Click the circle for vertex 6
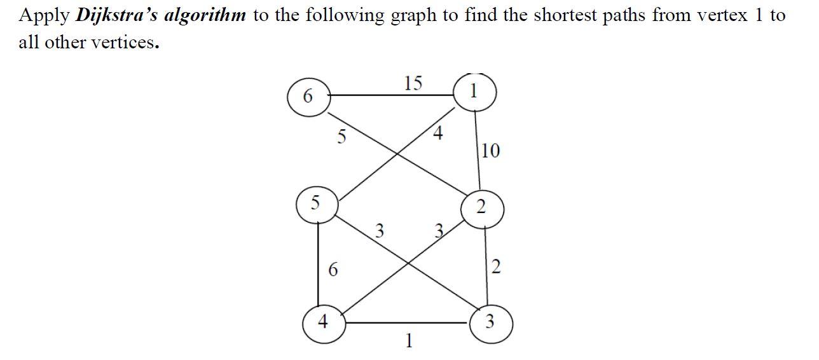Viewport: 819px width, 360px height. coord(308,97)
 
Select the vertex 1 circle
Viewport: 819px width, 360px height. coord(474,92)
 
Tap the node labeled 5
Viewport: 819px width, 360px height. coord(316,204)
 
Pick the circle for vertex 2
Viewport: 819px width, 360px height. coord(481,207)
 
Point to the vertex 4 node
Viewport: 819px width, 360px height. coord(323,323)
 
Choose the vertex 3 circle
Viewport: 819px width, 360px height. coord(490,322)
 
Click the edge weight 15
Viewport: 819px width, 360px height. coord(413,83)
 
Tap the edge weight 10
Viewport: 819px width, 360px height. coord(490,151)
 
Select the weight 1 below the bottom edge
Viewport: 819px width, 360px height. coord(409,342)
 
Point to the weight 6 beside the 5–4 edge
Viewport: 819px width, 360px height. coord(333,270)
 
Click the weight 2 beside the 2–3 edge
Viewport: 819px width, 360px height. coord(497,267)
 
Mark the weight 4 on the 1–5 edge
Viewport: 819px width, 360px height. coord(437,134)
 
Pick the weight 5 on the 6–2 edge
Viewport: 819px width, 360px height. coord(341,136)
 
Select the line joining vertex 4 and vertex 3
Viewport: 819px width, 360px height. coord(407,323)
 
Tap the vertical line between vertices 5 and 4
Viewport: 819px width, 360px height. coord(317,264)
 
